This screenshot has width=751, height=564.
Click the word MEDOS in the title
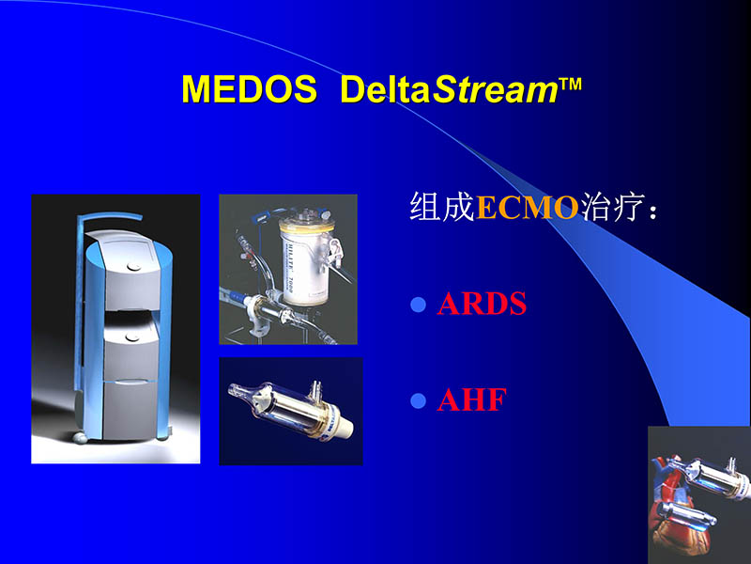click(250, 89)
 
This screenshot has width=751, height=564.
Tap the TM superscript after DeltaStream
click(571, 84)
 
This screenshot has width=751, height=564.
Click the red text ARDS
click(482, 305)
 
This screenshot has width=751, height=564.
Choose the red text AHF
click(471, 400)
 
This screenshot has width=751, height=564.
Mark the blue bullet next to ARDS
click(420, 305)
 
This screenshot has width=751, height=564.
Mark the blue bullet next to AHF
click(420, 401)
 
